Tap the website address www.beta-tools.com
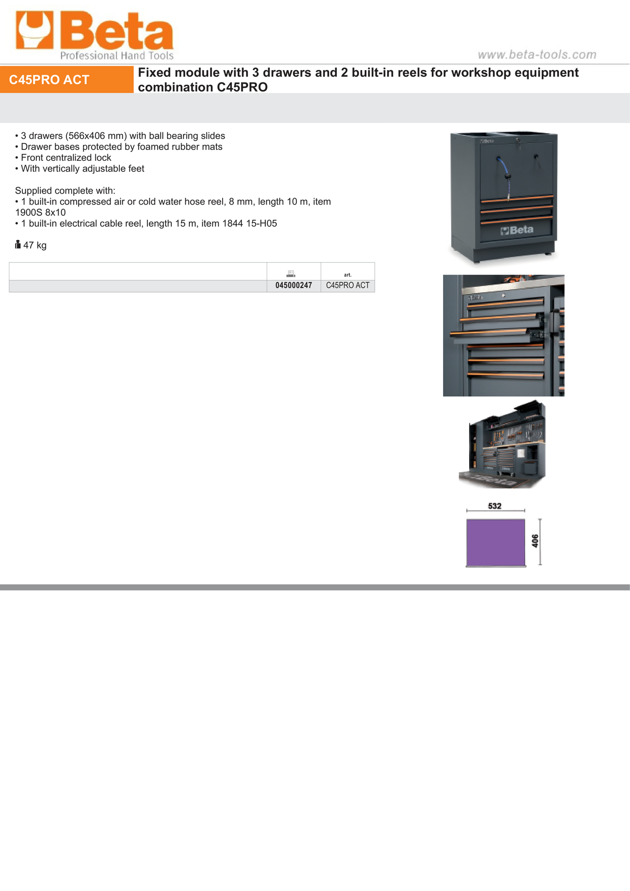537,54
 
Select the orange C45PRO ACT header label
49,79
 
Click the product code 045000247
294,285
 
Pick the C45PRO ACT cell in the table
348,285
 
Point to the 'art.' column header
348,275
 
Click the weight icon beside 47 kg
18,244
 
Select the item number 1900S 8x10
40,213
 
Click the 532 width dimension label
495,506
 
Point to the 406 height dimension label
535,541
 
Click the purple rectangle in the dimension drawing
496,542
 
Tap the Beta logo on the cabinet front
517,230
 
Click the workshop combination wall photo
502,445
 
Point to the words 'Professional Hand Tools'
117,56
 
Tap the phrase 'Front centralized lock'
66,158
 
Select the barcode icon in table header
291,273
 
